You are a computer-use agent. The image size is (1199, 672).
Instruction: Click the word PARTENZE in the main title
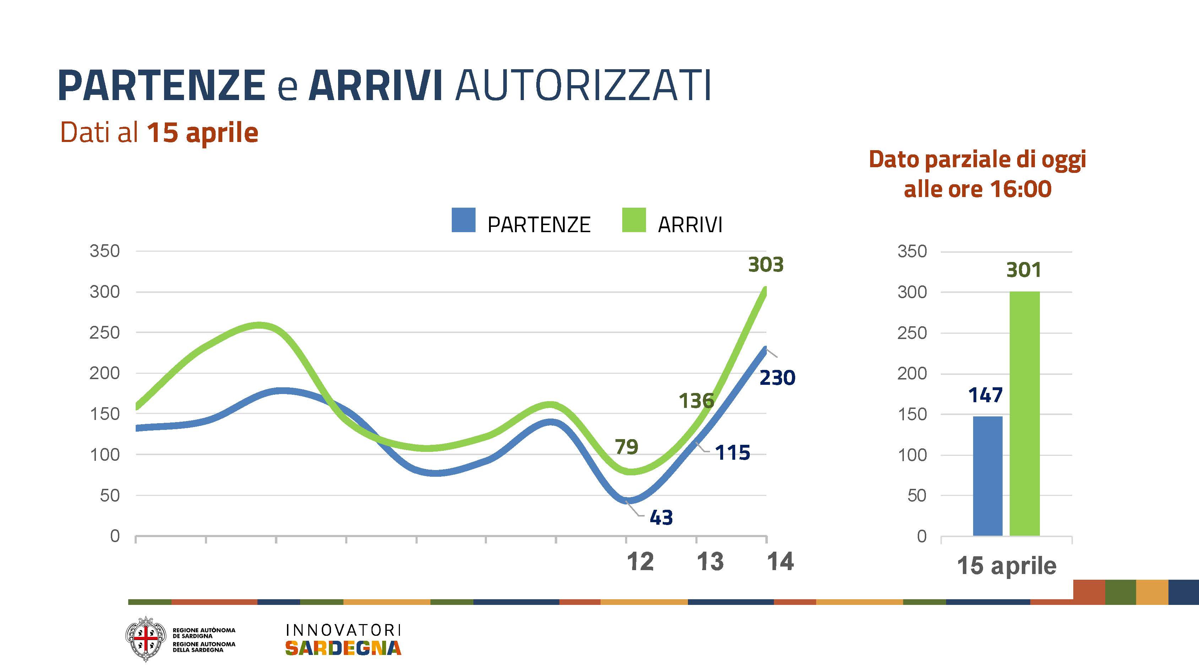click(162, 85)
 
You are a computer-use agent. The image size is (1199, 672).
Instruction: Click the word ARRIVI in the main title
click(375, 85)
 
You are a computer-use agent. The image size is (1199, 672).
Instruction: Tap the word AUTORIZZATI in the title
click(583, 85)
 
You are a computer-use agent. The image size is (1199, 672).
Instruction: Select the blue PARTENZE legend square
click(463, 220)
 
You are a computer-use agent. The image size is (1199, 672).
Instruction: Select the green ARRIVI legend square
click(634, 220)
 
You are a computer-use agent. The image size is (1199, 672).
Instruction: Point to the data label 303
click(766, 265)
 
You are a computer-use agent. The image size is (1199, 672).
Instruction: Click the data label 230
click(777, 377)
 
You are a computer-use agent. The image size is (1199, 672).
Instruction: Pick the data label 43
click(661, 518)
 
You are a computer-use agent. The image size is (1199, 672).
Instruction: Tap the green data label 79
click(626, 447)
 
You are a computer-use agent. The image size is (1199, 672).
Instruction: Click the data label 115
click(732, 452)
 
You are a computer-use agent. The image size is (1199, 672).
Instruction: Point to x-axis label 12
click(640, 562)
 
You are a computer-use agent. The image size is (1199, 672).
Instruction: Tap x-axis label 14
click(780, 562)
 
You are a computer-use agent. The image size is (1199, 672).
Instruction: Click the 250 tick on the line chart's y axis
click(105, 333)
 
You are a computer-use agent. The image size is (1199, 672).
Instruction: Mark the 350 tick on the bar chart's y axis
click(912, 252)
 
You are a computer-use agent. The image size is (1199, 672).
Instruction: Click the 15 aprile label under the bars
click(1006, 566)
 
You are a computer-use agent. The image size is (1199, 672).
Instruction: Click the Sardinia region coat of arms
click(146, 639)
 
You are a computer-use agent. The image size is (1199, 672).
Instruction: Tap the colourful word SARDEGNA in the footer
click(343, 648)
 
